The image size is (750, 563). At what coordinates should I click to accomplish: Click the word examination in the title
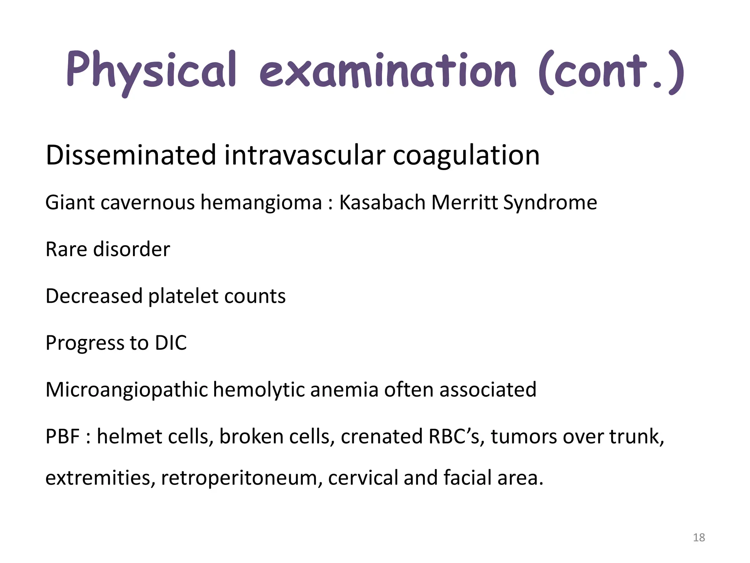[388, 71]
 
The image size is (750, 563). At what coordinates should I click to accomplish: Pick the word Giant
[70, 202]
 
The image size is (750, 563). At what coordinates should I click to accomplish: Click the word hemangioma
[261, 203]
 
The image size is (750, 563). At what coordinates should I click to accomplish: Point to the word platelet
[183, 296]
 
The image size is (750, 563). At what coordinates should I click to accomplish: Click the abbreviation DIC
[171, 343]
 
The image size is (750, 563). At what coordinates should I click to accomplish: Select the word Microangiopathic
[127, 390]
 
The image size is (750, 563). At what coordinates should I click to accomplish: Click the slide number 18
[699, 538]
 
